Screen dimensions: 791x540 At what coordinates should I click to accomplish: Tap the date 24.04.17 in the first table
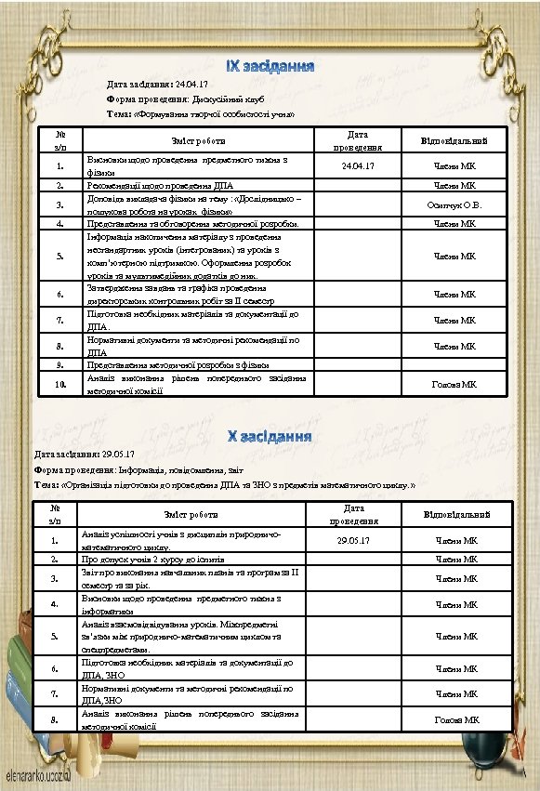(x=358, y=166)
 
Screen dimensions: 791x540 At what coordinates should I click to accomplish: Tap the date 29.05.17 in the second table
(x=353, y=540)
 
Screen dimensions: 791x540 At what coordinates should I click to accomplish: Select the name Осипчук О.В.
(x=453, y=204)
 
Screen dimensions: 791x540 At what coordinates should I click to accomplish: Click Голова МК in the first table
(x=455, y=384)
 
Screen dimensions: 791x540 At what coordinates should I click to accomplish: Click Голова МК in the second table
(x=457, y=720)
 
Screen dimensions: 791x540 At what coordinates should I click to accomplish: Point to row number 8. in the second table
(x=56, y=720)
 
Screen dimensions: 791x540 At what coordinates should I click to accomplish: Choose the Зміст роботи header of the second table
(x=191, y=514)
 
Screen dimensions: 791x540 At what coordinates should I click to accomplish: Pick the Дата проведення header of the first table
(x=358, y=141)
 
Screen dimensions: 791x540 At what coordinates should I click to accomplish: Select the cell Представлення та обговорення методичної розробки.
(x=192, y=223)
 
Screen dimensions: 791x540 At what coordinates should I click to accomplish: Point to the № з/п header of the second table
(x=56, y=514)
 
